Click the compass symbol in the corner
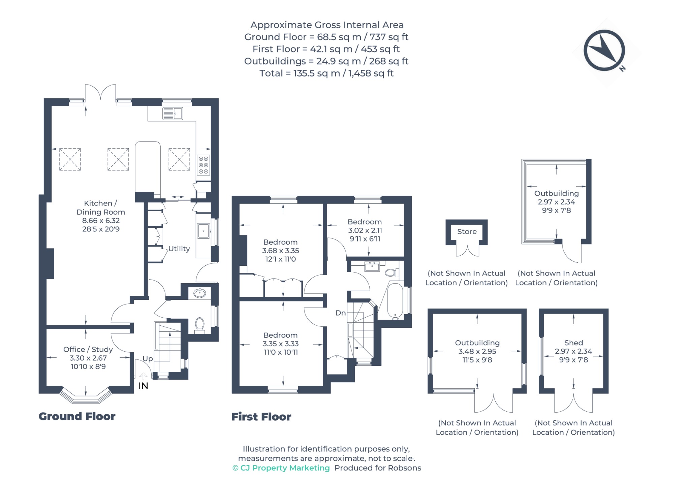pos(604,51)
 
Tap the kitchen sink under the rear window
pos(172,114)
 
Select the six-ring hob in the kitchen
pos(203,165)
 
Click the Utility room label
pos(179,249)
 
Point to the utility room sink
pos(203,231)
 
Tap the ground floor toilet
pos(200,325)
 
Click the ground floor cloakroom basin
pos(200,293)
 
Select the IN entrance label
pos(143,386)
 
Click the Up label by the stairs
pos(148,359)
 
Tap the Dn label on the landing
pos(341,313)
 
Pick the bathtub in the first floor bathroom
pos(395,301)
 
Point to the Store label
pos(467,231)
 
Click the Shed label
pos(573,343)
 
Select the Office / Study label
pos(88,349)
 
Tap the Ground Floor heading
pos(77,416)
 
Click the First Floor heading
pos(261,417)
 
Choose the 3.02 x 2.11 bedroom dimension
pos(365,230)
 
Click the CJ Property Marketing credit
pos(281,468)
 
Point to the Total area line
pos(326,73)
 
